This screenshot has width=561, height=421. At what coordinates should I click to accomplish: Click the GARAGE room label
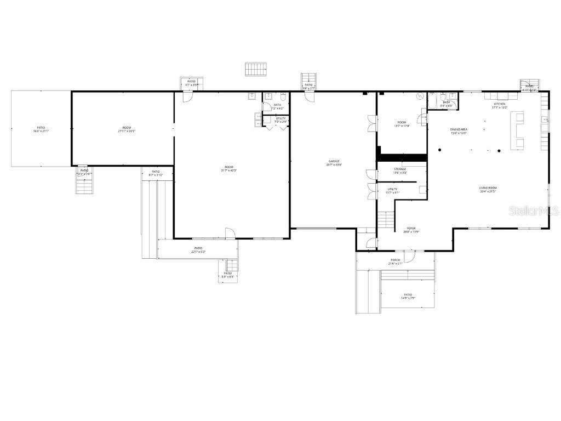(x=334, y=161)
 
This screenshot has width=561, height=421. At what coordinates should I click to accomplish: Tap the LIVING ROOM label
(x=488, y=188)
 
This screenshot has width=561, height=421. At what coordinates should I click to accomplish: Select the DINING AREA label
(x=459, y=129)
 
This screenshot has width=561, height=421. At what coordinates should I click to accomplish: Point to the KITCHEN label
(x=500, y=104)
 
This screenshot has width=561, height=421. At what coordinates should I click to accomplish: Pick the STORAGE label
(x=399, y=169)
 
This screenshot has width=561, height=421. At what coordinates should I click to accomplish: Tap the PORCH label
(x=395, y=260)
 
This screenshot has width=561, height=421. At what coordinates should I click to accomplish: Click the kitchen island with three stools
(x=517, y=130)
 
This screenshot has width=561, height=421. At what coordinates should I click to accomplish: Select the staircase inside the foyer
(x=386, y=219)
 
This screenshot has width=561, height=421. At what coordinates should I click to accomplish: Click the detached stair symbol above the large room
(x=255, y=69)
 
